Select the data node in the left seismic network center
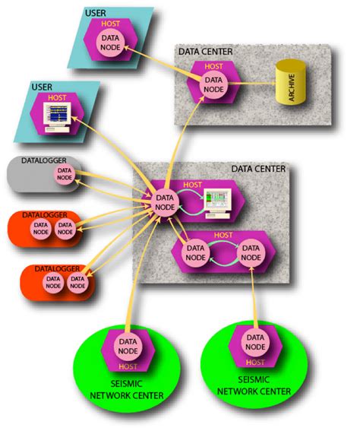pos(127,350)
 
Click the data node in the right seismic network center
pos(255,344)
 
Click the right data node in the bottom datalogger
pos(77,282)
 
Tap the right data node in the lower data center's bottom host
pos(251,253)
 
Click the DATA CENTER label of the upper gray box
pos(205,52)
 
